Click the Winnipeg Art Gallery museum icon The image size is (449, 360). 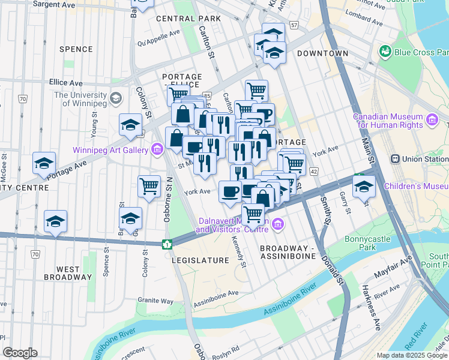point(157,149)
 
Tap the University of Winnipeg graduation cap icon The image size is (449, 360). point(115,97)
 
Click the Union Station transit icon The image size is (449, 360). point(396,159)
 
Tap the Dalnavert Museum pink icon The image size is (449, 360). point(277,224)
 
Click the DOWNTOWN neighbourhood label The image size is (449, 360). point(322,53)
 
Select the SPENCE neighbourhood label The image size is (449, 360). point(76,49)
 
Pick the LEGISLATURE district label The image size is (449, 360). point(200,260)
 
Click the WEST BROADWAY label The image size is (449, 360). point(67,273)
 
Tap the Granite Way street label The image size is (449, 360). point(155,300)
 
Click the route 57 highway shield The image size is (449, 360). point(294,25)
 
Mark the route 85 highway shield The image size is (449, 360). point(206,95)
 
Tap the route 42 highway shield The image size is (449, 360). point(314,171)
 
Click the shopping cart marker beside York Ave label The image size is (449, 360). point(149,185)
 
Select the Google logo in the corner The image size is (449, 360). point(20,353)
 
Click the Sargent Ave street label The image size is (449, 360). point(54,4)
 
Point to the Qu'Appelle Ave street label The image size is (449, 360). point(158,43)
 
